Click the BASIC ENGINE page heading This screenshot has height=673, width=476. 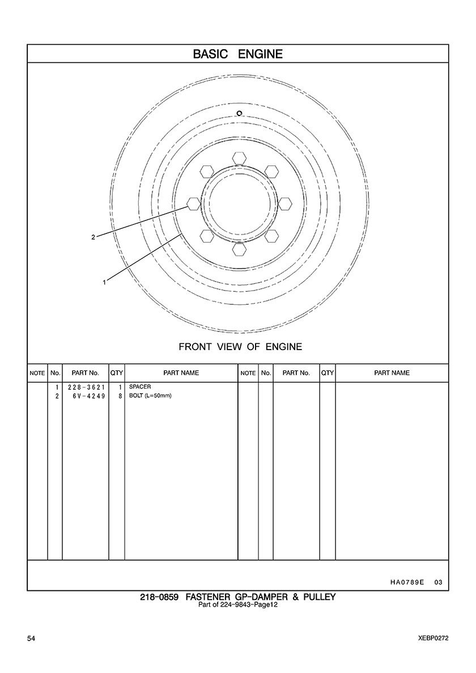click(x=237, y=54)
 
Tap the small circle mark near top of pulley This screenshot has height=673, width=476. click(x=240, y=113)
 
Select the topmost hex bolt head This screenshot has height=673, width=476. click(x=239, y=157)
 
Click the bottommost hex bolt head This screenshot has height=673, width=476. click(x=239, y=249)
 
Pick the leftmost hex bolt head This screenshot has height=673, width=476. click(x=193, y=203)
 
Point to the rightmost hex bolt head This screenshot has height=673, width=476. click(x=285, y=203)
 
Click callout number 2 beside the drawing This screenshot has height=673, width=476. click(x=93, y=237)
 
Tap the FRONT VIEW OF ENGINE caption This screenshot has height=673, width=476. click(x=240, y=347)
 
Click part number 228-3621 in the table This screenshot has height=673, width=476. click(x=85, y=387)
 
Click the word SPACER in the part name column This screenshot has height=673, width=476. click(x=140, y=387)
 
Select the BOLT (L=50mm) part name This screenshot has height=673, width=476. click(x=150, y=396)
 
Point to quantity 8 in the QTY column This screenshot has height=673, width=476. click(x=120, y=396)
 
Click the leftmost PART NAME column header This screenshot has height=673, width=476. click(x=181, y=373)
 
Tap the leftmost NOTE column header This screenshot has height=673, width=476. click(x=37, y=373)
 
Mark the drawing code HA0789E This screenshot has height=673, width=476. click(x=407, y=582)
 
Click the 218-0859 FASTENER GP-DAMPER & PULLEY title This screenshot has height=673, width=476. click(x=238, y=597)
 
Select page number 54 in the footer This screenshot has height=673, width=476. click(x=31, y=638)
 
